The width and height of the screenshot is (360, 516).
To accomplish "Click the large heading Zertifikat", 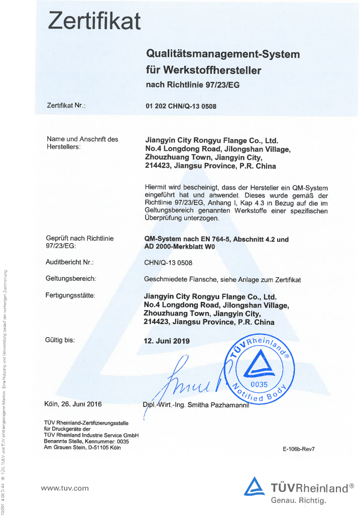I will [94, 21].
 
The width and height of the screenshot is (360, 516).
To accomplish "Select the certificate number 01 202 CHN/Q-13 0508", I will [181, 107].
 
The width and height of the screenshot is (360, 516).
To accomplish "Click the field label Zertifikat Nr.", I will [66, 106].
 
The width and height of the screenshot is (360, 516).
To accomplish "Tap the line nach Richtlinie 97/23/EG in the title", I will [192, 85].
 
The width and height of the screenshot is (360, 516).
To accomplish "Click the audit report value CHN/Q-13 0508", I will [168, 263].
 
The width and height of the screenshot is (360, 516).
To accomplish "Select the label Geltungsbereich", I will [71, 278].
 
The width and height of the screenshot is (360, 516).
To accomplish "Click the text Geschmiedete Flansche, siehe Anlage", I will [222, 280].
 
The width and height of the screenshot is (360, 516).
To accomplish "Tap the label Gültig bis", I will [60, 340].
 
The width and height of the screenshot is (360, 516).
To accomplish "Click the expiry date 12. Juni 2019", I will [167, 341].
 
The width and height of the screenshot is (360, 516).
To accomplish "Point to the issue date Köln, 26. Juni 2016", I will [73, 403].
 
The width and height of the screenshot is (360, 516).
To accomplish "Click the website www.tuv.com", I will [64, 488].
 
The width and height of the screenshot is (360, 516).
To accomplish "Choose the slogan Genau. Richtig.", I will [299, 500].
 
